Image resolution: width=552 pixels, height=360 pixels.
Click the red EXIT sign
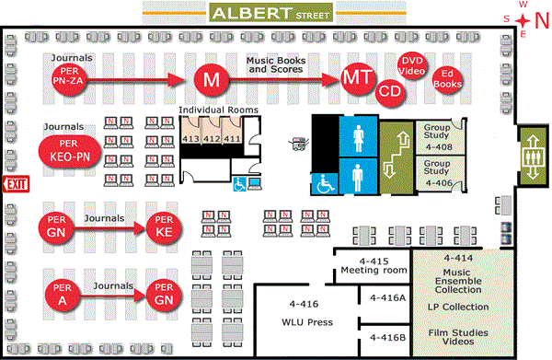(16, 184)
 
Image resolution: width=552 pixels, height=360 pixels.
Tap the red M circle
(212, 80)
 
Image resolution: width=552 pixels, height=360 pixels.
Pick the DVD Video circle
(411, 66)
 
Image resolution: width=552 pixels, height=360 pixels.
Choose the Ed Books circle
(447, 79)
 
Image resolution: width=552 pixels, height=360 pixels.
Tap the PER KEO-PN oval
(69, 152)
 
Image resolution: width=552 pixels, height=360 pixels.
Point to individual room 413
(190, 139)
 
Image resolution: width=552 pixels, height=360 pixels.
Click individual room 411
(233, 139)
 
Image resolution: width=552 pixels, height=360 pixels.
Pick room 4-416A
(386, 297)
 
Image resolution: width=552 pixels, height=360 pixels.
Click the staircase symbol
(397, 157)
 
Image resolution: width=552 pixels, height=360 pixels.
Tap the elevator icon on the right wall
(533, 148)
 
